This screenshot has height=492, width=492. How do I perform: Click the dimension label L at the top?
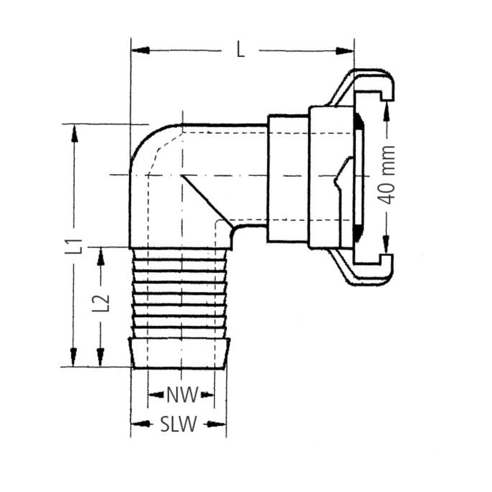pos(241,51)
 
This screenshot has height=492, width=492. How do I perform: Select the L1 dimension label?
pos(75,246)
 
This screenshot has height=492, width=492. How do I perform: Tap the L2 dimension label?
pos(101,303)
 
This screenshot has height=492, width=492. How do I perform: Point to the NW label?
pos(182,395)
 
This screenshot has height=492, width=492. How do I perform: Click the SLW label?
pos(178,424)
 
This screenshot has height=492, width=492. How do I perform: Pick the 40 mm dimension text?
pos(386,175)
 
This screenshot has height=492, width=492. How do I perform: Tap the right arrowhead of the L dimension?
pos(344,51)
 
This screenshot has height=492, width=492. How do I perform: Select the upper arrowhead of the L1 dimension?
pos(74,133)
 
